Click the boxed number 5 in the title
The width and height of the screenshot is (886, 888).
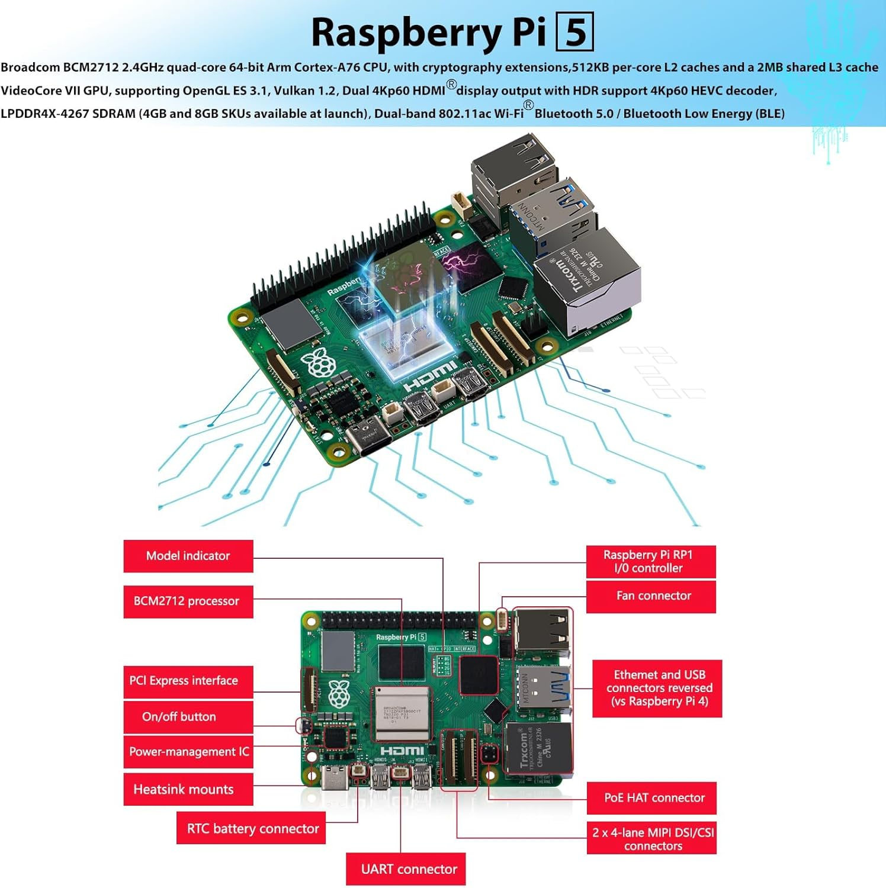(x=574, y=33)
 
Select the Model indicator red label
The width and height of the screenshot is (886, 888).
(x=188, y=556)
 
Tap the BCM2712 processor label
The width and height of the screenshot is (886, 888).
(x=188, y=601)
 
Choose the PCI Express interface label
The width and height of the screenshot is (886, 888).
(x=188, y=681)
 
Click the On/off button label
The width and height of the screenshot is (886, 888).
(x=188, y=717)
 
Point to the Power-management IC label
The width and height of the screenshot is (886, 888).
(x=188, y=752)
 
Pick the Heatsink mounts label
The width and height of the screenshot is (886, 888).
(x=188, y=789)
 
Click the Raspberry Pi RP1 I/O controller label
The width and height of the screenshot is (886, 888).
(x=650, y=561)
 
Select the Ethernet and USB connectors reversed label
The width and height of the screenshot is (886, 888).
(x=657, y=688)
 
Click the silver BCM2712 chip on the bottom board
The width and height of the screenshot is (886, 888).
(x=402, y=713)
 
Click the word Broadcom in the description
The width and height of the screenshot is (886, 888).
(x=30, y=67)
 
